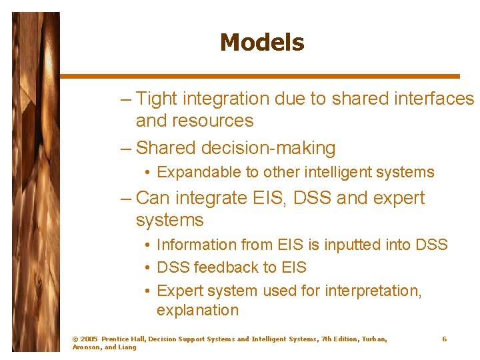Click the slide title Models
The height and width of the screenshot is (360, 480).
click(261, 43)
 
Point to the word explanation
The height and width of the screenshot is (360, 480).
click(197, 310)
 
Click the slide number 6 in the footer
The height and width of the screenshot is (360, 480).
click(445, 339)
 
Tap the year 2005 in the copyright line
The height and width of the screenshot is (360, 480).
click(89, 339)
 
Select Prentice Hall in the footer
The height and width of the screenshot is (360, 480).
click(123, 339)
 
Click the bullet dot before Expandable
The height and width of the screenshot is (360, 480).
click(146, 173)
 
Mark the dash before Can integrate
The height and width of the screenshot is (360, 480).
click(126, 198)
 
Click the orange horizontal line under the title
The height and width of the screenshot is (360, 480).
click(260, 76)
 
